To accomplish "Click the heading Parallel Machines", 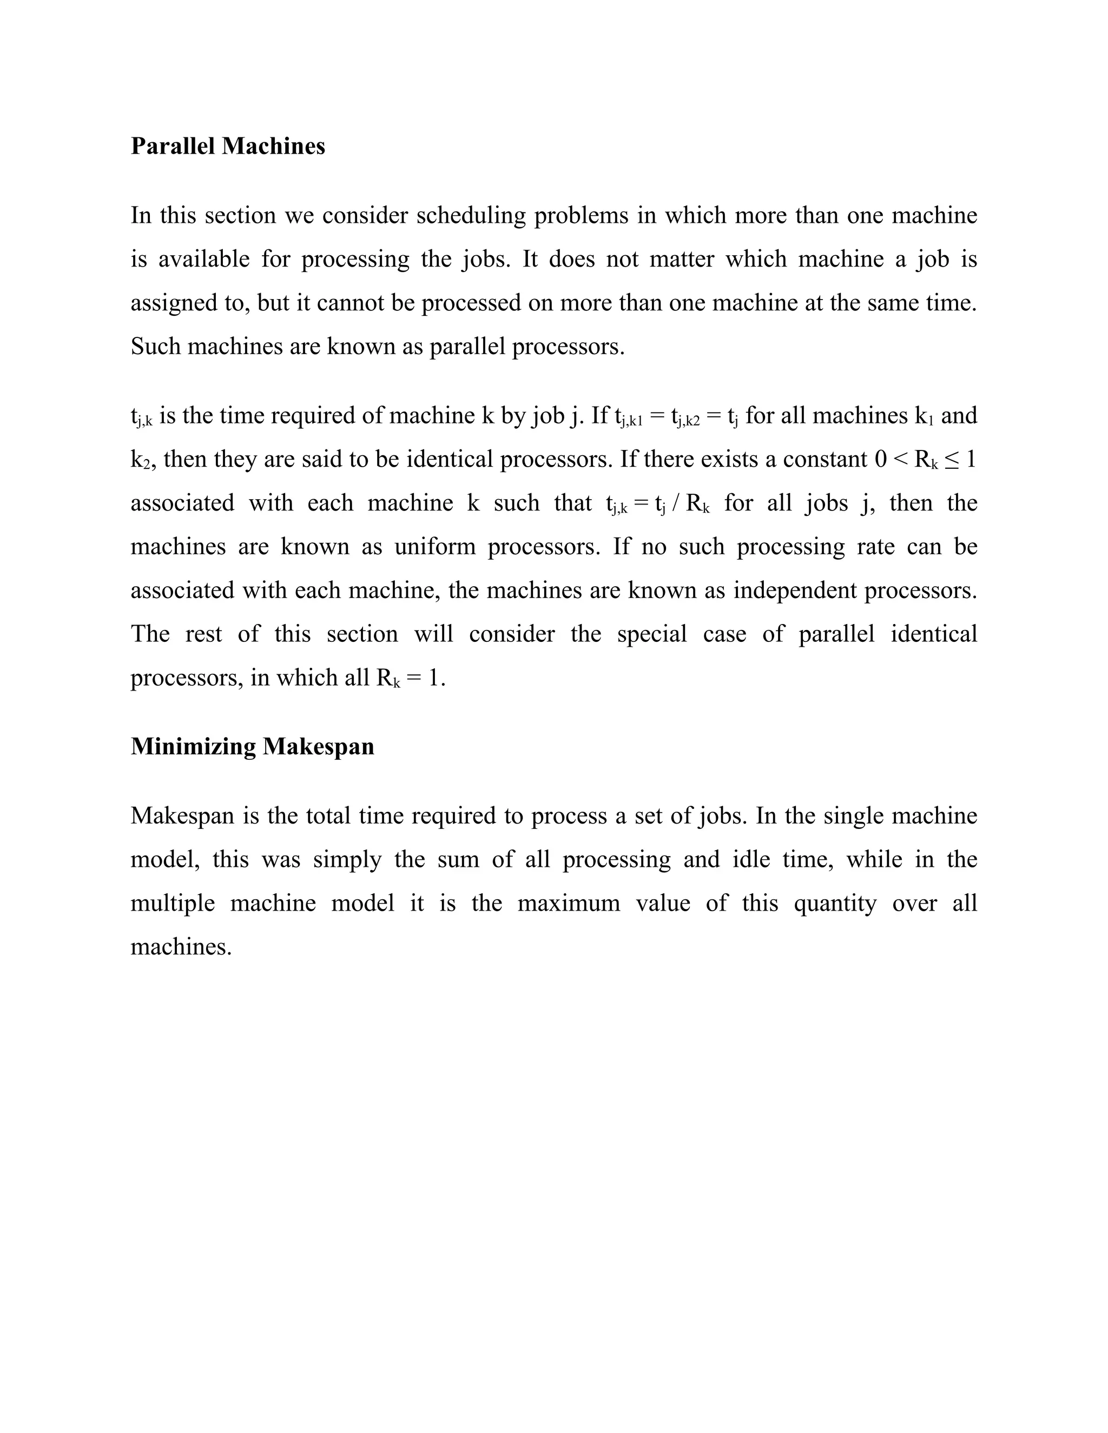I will (x=228, y=145).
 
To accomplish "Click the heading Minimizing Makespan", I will (x=252, y=746).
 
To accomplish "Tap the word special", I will (x=651, y=634).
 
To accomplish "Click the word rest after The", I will (x=203, y=634).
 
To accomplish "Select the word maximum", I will (x=569, y=903).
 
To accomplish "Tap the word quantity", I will (x=835, y=904).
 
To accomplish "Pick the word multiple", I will (x=173, y=904).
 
